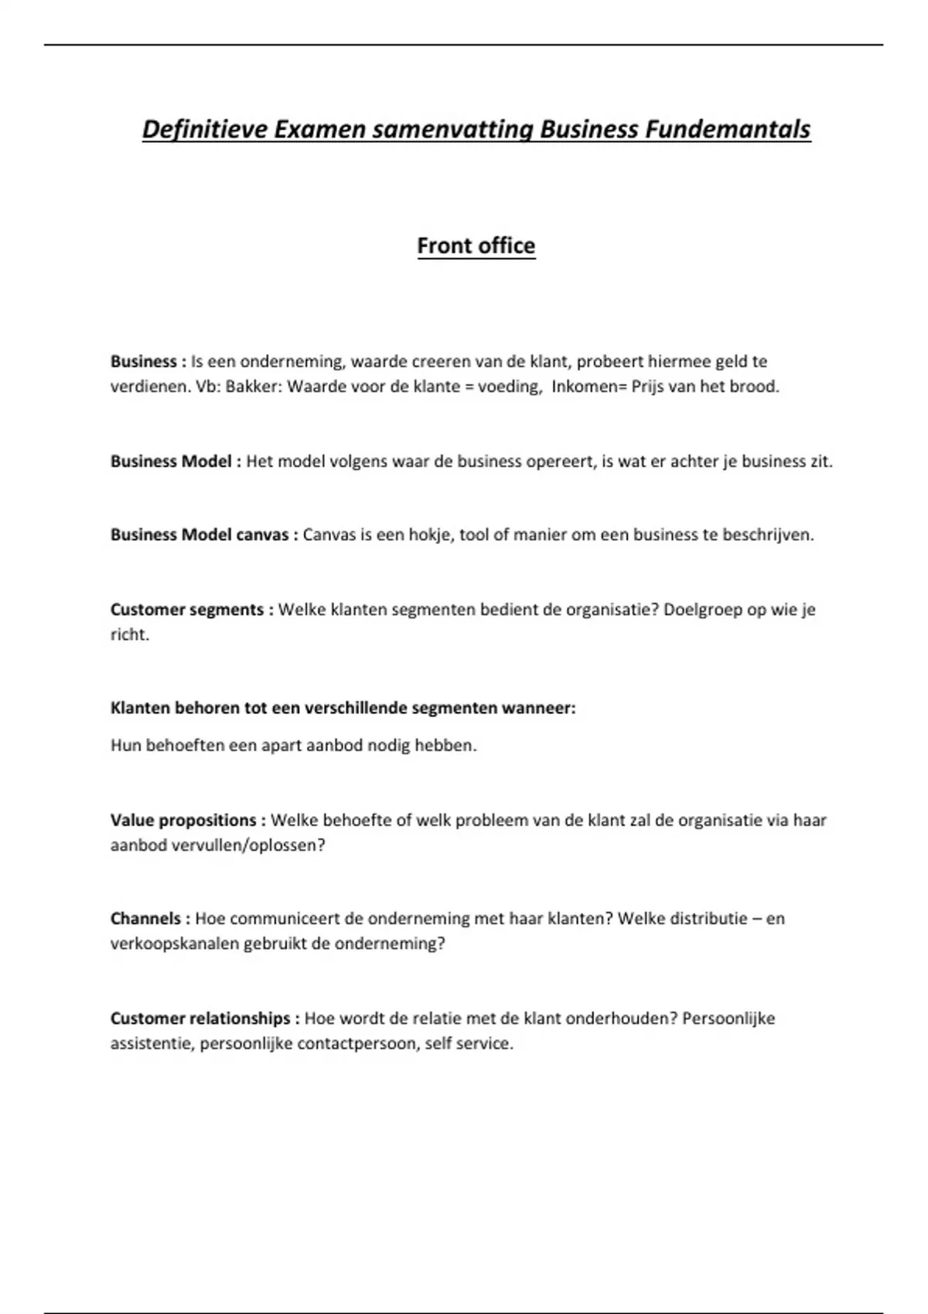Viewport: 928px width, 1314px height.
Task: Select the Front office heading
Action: click(x=476, y=246)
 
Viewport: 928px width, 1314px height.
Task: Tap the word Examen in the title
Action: click(x=319, y=129)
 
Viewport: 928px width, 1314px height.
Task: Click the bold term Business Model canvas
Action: click(x=200, y=535)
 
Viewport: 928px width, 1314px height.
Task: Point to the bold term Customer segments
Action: click(x=187, y=610)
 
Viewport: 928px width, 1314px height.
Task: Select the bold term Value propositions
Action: click(x=183, y=820)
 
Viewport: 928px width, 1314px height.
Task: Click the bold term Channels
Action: click(x=146, y=919)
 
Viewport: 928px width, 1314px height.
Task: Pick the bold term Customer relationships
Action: click(x=200, y=1019)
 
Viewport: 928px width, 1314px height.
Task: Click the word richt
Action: click(x=128, y=635)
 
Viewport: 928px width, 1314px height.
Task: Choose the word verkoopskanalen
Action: click(x=175, y=944)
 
